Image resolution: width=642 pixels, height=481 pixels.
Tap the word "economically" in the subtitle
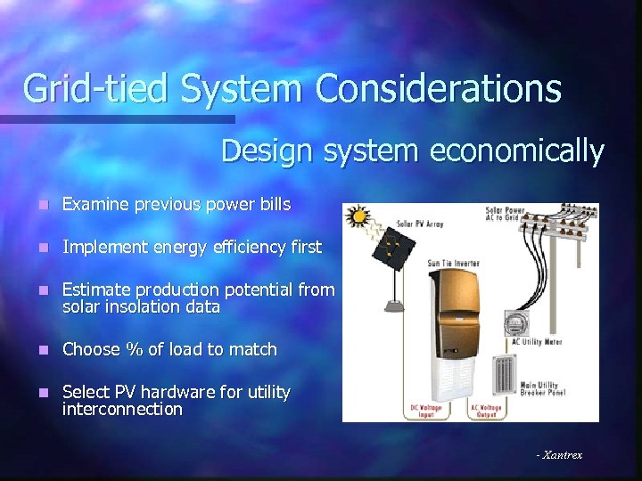[x=517, y=151]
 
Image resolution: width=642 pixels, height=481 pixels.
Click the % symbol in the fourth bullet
[x=135, y=349]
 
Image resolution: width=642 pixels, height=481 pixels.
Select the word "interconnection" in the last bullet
[x=122, y=409]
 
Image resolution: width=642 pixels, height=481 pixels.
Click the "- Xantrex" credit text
[x=559, y=454]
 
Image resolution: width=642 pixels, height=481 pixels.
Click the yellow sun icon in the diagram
[x=358, y=216]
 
